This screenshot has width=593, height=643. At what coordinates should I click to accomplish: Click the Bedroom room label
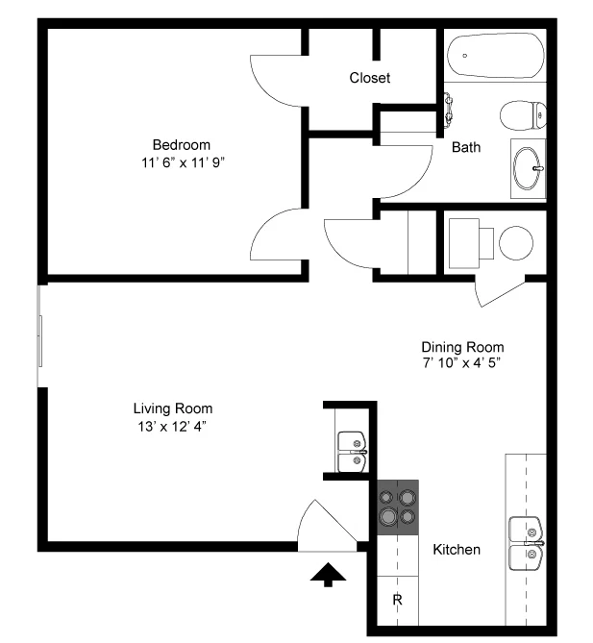coord(182,145)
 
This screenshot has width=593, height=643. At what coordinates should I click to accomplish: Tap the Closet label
coord(369,78)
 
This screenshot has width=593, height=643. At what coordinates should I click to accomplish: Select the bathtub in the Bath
coord(495,56)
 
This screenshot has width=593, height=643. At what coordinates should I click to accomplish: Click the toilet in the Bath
coord(523,115)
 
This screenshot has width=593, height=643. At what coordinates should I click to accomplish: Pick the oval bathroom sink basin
coord(527,168)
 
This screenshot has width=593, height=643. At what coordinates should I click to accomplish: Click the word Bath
coord(466,147)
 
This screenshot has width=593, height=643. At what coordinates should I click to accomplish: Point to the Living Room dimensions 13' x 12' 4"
coord(171,427)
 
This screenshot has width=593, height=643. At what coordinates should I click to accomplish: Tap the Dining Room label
coord(462,347)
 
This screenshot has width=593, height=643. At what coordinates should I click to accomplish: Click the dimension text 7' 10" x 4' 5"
coord(461,363)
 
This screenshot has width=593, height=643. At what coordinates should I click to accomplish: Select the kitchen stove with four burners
coord(398,507)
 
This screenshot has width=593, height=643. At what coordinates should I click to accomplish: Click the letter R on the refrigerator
coord(397,600)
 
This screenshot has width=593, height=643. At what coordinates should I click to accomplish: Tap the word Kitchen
coord(457,550)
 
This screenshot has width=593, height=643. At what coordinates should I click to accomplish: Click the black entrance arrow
coord(328,575)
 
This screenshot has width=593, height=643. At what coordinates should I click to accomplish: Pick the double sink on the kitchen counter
coord(526,543)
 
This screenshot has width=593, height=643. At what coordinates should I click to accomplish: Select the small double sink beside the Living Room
coord(353,452)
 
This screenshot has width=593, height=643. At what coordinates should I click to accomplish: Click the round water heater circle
coord(516,243)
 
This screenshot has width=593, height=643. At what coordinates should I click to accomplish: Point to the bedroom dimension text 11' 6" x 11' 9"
coord(184,162)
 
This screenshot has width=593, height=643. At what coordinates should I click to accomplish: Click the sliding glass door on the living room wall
coord(39,336)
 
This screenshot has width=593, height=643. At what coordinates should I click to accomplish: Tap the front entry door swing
coord(327,526)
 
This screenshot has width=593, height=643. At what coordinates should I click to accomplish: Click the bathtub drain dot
coord(464,56)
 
